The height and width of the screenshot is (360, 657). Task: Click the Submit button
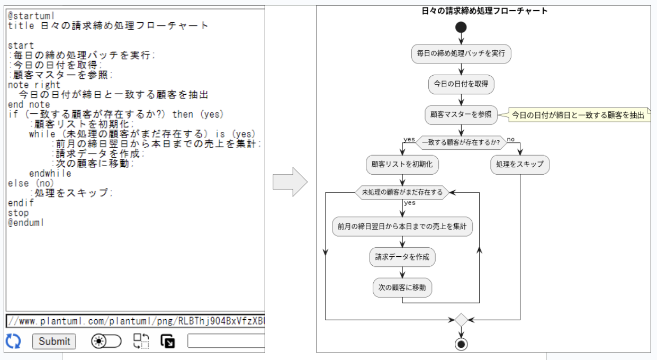pyautogui.click(x=54, y=341)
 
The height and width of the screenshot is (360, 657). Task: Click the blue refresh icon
pyautogui.click(x=13, y=341)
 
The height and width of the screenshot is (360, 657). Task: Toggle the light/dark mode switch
pyautogui.click(x=106, y=341)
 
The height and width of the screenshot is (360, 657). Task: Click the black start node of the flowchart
pyautogui.click(x=461, y=28)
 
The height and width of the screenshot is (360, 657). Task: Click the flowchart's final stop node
pyautogui.click(x=461, y=344)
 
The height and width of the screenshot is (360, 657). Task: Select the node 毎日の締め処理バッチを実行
pyautogui.click(x=461, y=53)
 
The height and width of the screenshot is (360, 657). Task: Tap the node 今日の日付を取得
pyautogui.click(x=461, y=84)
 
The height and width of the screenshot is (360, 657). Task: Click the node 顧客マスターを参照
pyautogui.click(x=461, y=115)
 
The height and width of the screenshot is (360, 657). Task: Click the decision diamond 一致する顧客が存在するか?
pyautogui.click(x=461, y=142)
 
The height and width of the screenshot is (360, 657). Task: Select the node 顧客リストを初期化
pyautogui.click(x=402, y=165)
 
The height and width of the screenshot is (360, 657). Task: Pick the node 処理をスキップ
pyautogui.click(x=520, y=165)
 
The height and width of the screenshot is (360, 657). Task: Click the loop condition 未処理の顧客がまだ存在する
pyautogui.click(x=402, y=193)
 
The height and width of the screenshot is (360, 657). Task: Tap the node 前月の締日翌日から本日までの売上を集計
pyautogui.click(x=402, y=227)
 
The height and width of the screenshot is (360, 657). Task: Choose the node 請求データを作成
pyautogui.click(x=402, y=257)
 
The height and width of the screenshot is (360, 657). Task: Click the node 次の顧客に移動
pyautogui.click(x=402, y=287)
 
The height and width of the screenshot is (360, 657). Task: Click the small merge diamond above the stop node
pyautogui.click(x=461, y=320)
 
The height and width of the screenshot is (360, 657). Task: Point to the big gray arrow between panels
pyautogui.click(x=290, y=182)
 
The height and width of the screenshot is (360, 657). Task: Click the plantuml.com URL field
pyautogui.click(x=136, y=321)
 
